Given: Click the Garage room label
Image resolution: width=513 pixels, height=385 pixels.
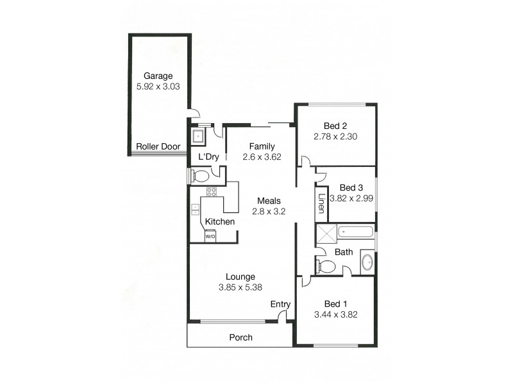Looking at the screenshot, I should point(158,75).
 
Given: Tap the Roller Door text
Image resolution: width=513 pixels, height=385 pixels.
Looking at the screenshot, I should point(158,147).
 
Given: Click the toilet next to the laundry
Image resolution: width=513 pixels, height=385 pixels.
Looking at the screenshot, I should point(201,175).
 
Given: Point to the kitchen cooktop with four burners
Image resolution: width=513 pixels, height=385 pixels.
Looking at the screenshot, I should point(211,191).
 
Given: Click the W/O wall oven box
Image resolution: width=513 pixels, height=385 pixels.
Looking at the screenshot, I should point(210,236).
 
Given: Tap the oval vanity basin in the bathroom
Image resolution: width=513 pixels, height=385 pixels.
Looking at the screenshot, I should point(367,262).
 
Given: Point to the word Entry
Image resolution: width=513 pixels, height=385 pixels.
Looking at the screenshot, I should point(280,304).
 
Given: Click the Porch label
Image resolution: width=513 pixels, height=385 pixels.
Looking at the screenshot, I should point(240,338).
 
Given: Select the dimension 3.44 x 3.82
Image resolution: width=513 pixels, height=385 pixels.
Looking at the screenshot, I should point(335,314).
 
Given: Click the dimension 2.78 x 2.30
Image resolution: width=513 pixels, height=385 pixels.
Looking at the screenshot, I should point(335,137).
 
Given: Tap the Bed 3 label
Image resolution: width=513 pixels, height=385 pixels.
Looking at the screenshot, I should point(351,188).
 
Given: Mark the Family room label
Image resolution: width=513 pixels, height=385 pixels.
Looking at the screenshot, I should point(262,146).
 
